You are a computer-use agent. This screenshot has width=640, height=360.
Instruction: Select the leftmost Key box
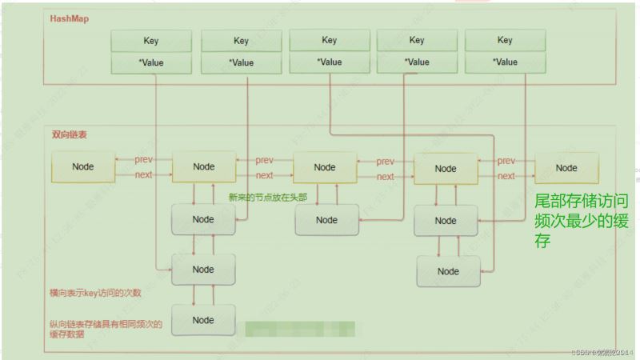point(151,41)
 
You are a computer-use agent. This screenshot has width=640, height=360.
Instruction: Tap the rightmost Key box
point(505,40)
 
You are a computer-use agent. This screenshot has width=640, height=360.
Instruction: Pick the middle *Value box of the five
point(329,62)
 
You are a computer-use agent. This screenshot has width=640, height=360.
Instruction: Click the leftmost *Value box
point(151,62)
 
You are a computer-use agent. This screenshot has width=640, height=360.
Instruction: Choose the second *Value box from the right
point(417,62)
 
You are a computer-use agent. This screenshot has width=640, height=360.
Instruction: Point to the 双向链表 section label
point(70,135)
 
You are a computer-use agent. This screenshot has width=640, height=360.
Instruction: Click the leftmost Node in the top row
point(82,167)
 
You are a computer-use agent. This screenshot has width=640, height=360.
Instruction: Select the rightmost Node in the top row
point(566,168)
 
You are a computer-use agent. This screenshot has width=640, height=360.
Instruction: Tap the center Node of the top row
point(325,167)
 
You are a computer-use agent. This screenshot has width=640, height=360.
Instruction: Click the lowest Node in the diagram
point(203,320)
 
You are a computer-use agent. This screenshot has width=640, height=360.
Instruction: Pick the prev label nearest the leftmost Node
point(144,160)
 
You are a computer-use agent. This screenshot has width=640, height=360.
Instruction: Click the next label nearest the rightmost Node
point(506,175)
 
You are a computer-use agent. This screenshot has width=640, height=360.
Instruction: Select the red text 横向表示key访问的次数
point(97,294)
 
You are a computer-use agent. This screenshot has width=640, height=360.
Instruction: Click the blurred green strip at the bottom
point(300,329)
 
